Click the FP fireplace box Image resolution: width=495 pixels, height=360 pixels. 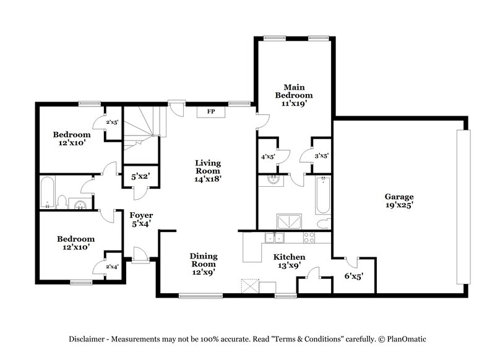[210, 112]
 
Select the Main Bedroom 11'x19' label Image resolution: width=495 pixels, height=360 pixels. [295, 95]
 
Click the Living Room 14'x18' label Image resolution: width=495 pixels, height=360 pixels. [208, 171]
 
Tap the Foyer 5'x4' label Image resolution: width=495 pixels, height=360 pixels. [141, 220]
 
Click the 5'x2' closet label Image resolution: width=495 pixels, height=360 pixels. [140, 176]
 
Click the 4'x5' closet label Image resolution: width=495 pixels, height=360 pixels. [267, 156]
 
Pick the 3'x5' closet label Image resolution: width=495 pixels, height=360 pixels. [321, 156]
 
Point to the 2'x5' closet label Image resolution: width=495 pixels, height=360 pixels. [113, 122]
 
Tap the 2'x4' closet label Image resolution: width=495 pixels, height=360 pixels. [112, 267]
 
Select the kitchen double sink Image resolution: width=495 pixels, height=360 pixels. [273, 238]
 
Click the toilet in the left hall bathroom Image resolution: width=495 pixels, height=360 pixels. [62, 201]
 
